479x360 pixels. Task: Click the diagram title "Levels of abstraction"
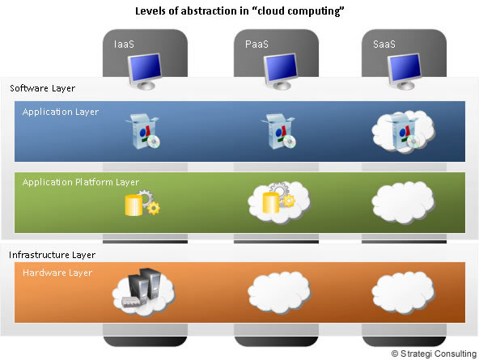pos(239,12)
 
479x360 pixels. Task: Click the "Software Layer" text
pos(42,87)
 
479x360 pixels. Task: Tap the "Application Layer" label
pos(61,112)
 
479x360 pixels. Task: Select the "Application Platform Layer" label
pos(81,182)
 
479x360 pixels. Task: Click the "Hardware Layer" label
pos(57,273)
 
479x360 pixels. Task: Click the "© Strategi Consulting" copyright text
pos(433,354)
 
